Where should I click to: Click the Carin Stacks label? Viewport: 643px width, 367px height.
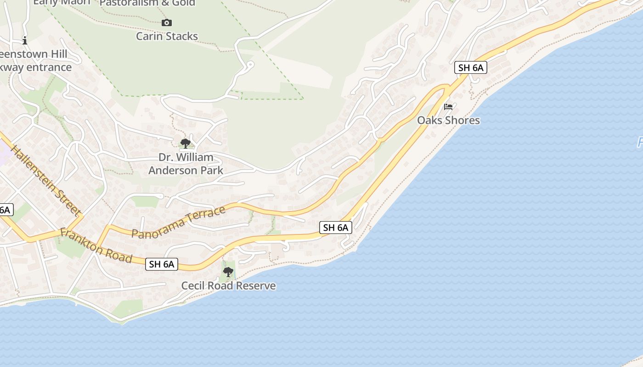(x=167, y=36)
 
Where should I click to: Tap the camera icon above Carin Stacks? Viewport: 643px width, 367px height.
(x=167, y=22)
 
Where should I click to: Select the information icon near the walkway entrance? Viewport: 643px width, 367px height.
(x=25, y=40)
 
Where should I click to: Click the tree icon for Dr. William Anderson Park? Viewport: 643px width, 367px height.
(x=186, y=144)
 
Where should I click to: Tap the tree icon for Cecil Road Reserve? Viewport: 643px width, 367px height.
(x=228, y=272)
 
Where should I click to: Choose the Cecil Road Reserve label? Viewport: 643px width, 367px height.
(x=228, y=286)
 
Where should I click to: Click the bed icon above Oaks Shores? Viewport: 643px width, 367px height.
(x=448, y=107)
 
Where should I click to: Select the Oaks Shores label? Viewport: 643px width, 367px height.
(x=448, y=120)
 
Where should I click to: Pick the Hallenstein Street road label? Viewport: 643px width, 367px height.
(x=45, y=181)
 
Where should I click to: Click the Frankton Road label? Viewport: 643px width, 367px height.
(x=96, y=246)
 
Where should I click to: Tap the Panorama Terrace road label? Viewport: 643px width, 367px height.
(x=178, y=222)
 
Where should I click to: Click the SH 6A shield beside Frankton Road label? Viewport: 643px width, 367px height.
(x=162, y=264)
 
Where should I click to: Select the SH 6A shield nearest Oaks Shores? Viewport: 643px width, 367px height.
(x=471, y=67)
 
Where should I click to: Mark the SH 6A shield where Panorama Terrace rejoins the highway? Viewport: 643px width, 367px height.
(x=336, y=227)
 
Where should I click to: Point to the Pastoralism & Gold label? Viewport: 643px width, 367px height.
(x=147, y=3)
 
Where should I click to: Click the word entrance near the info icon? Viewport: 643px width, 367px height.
(x=49, y=67)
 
